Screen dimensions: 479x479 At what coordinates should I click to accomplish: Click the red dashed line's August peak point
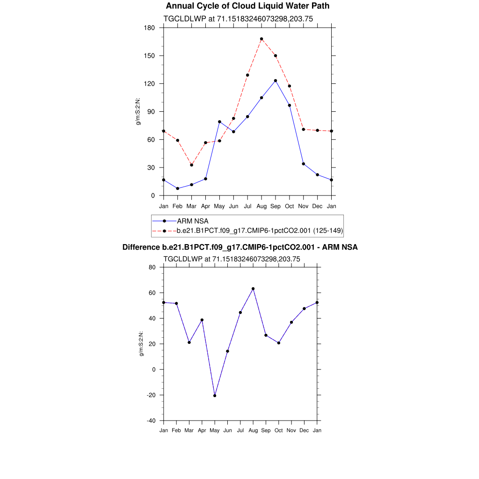(x=261, y=39)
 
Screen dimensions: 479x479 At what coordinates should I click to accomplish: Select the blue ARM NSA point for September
(x=276, y=80)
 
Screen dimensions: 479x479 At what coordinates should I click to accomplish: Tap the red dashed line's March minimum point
(x=191, y=165)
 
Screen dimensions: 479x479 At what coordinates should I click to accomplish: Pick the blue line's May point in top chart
(x=219, y=122)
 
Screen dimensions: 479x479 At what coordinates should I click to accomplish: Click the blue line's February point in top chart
(x=177, y=189)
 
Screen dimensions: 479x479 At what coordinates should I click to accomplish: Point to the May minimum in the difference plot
(x=215, y=396)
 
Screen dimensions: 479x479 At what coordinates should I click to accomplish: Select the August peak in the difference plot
(x=253, y=289)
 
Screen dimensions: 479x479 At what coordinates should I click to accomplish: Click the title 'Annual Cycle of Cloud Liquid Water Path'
(x=247, y=6)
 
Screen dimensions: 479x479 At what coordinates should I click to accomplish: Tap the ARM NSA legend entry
(x=193, y=221)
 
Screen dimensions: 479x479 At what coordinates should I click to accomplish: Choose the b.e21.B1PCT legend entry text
(x=260, y=230)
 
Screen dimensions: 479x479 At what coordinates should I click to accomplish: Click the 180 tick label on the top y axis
(x=150, y=28)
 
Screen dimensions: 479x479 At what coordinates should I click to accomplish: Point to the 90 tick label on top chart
(x=151, y=112)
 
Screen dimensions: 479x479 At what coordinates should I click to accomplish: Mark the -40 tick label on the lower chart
(x=152, y=421)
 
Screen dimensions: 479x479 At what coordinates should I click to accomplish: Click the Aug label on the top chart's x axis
(x=261, y=206)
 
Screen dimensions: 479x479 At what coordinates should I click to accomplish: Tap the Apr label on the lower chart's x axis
(x=202, y=430)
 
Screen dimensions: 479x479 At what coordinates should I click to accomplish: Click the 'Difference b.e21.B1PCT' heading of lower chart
(x=240, y=247)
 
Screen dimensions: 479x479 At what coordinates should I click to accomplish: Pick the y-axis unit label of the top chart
(x=138, y=111)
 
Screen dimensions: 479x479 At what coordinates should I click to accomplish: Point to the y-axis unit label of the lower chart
(x=141, y=344)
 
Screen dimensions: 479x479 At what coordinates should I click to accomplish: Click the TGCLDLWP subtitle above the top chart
(x=238, y=19)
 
